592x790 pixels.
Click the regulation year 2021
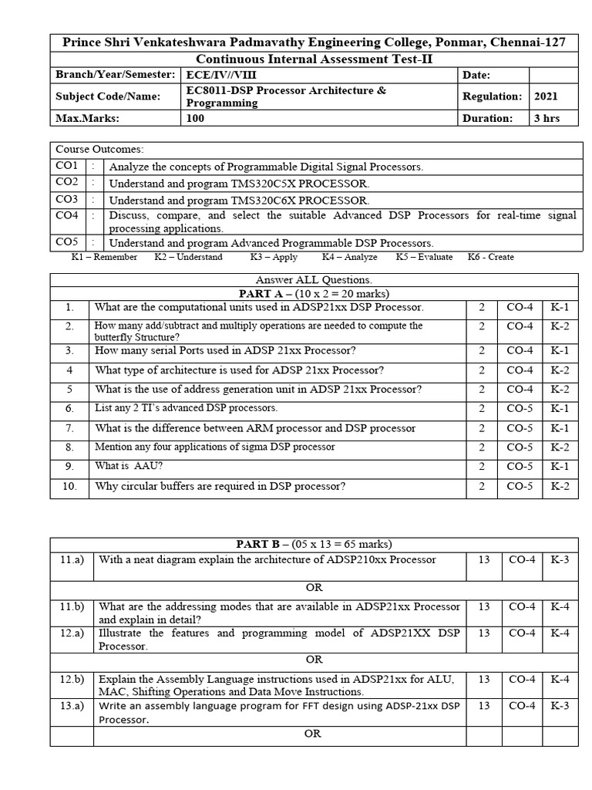tap(546, 96)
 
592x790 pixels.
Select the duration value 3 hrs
tap(547, 118)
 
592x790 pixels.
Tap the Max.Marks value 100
tap(196, 118)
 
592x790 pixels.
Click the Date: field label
tap(476, 75)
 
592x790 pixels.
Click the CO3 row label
tap(67, 200)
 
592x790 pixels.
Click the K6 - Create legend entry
tap(490, 257)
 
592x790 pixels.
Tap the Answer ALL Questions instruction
tap(313, 280)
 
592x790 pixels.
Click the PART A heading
tap(313, 293)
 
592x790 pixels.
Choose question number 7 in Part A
tap(69, 428)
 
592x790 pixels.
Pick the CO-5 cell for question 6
tap(520, 408)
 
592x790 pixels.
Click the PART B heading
tap(313, 545)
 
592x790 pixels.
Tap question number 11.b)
tap(72, 607)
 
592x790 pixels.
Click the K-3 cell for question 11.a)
tap(560, 560)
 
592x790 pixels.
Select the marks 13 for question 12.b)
tap(484, 679)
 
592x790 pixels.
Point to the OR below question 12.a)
tap(313, 660)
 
